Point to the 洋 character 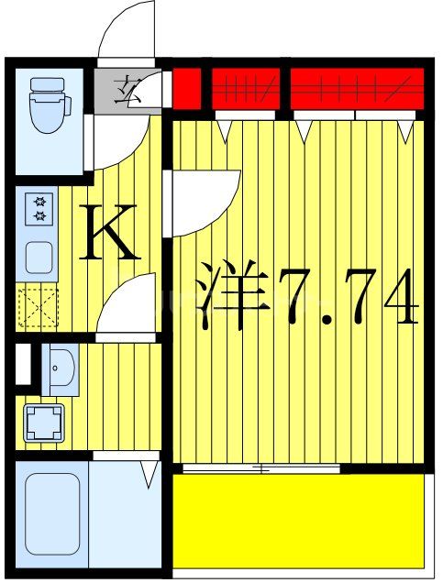[235, 295]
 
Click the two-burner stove [41, 209]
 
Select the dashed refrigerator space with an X [38, 308]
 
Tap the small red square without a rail [186, 88]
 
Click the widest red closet [357, 88]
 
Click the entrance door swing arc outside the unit [126, 32]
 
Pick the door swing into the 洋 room [200, 202]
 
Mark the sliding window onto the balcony [261, 469]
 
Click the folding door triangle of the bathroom [148, 474]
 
